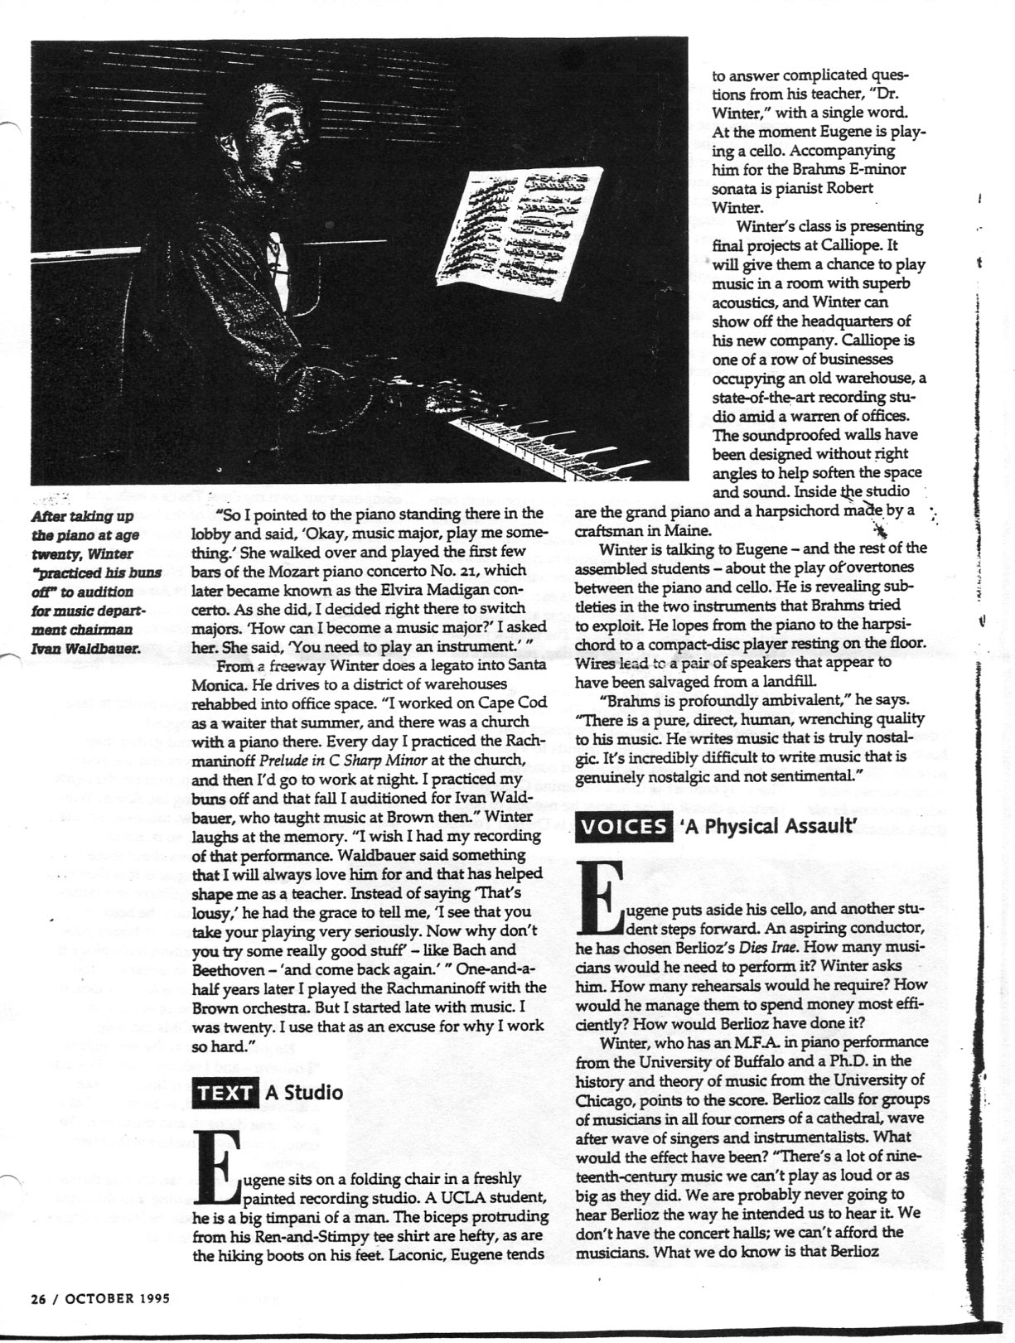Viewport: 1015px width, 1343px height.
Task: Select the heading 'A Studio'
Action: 303,1092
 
